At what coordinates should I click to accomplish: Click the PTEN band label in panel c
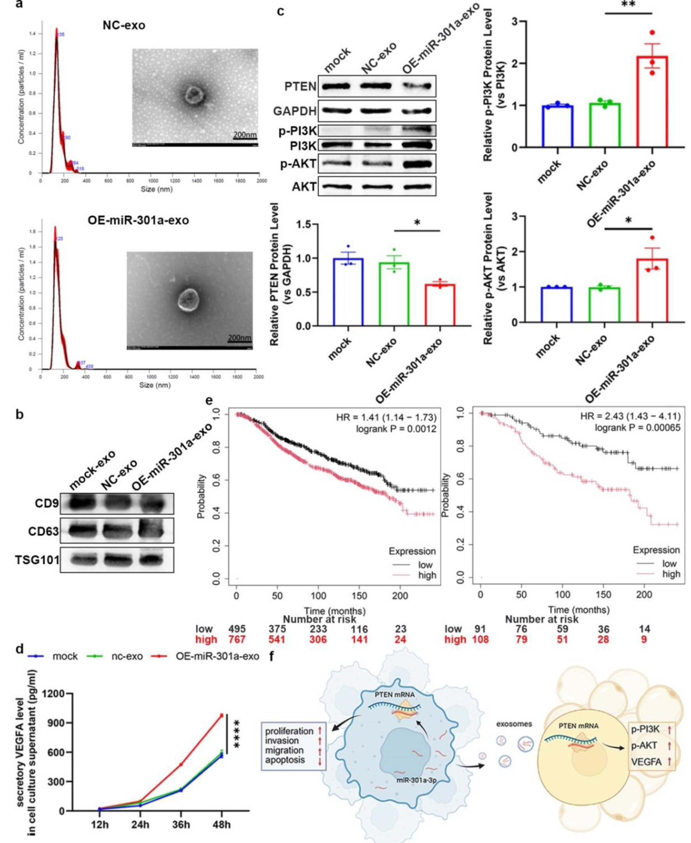(300, 86)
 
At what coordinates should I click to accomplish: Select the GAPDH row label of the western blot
(294, 111)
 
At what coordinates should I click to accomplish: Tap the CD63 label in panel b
(43, 531)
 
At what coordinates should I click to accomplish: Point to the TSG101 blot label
(37, 560)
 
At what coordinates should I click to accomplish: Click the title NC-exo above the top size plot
(124, 25)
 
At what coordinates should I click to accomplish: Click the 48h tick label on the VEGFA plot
(222, 825)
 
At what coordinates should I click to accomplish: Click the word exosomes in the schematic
(514, 724)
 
